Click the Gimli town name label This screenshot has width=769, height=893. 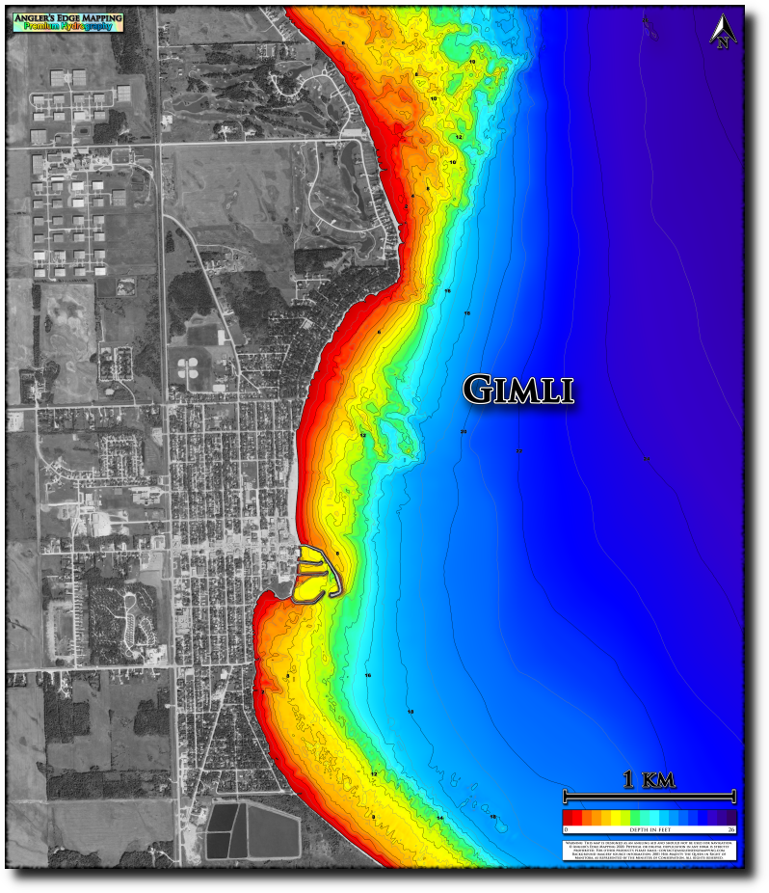[x=518, y=389]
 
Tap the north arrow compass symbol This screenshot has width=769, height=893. [x=723, y=30]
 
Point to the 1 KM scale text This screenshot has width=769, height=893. [x=649, y=780]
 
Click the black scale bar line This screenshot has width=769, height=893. [x=650, y=797]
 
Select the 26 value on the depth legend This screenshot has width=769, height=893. [x=731, y=829]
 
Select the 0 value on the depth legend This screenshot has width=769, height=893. [x=566, y=829]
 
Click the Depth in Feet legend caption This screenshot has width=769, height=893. [x=649, y=829]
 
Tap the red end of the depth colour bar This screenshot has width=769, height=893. [x=568, y=818]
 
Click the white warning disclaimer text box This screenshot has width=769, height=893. [x=649, y=850]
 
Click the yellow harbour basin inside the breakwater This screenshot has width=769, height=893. [x=313, y=556]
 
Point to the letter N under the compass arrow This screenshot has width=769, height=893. [x=723, y=41]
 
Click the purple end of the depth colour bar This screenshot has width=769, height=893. [x=730, y=818]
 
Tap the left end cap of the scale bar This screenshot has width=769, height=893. [x=565, y=797]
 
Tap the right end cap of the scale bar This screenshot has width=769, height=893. [x=734, y=797]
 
